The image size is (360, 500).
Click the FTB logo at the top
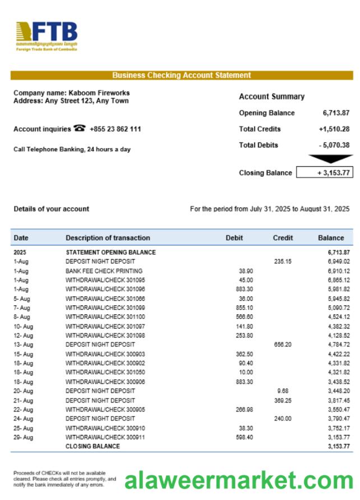(x=47, y=36)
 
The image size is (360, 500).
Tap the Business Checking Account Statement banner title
(x=181, y=75)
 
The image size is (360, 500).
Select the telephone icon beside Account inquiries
(x=80, y=128)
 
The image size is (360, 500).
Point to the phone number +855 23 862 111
(x=115, y=129)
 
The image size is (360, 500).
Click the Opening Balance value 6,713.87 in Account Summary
(x=336, y=113)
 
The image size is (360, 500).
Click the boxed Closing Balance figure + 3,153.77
(x=325, y=173)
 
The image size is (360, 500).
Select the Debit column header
(x=234, y=238)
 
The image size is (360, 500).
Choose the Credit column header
(x=283, y=238)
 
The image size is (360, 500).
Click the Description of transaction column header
(x=108, y=238)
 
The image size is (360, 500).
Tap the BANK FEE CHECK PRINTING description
(x=104, y=271)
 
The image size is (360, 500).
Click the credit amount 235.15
(x=283, y=262)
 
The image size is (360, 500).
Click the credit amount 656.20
(x=283, y=345)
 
